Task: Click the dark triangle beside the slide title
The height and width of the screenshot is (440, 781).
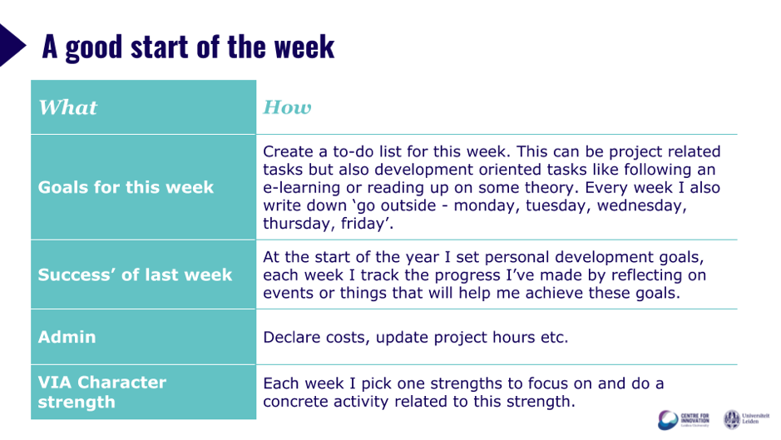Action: [11, 46]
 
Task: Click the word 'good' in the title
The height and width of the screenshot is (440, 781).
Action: [94, 48]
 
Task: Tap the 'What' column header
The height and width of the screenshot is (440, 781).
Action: [68, 107]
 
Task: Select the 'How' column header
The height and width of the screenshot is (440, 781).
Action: [288, 107]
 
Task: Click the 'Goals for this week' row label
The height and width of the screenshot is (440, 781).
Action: [126, 187]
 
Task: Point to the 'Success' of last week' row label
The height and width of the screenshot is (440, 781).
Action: [135, 274]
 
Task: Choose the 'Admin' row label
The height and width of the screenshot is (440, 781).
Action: [67, 338]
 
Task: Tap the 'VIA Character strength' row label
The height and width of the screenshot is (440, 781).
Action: [102, 392]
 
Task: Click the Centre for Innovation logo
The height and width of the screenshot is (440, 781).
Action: [683, 419]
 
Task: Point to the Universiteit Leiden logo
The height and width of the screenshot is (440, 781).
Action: [746, 419]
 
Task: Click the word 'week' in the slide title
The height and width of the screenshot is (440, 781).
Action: [304, 47]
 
